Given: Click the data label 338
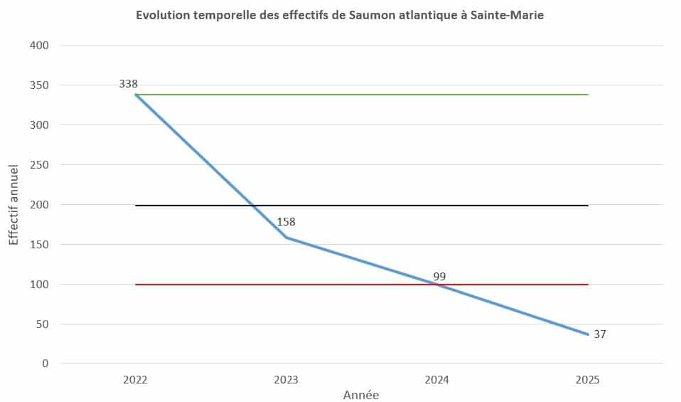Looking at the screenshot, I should tap(128, 84).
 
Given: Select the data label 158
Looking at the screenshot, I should tap(286, 222).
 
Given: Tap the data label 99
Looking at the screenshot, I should tap(439, 276).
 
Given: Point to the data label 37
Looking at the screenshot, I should tap(599, 334).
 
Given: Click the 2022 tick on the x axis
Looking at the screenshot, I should tap(135, 380).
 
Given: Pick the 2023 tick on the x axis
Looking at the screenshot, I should tap(286, 380).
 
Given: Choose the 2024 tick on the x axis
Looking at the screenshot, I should tap(437, 380).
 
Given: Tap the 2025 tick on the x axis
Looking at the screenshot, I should tap(588, 380).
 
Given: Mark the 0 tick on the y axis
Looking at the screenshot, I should tap(45, 364).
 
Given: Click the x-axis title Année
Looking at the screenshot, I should tap(361, 395).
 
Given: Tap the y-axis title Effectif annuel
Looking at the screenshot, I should tap(14, 205).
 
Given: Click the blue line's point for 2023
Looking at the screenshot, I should tap(286, 237).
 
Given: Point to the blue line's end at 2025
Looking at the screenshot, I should tap(588, 334).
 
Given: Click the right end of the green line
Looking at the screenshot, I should tap(588, 95).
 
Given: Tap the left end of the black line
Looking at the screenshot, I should tap(136, 206).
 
